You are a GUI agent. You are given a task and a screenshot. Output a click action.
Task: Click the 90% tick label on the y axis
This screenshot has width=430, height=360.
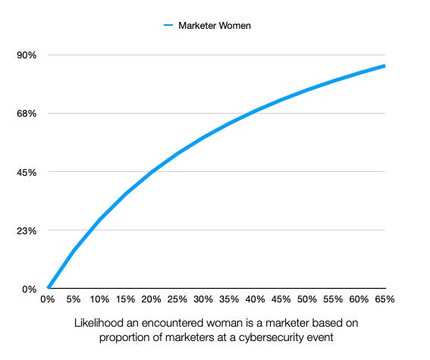click(27, 55)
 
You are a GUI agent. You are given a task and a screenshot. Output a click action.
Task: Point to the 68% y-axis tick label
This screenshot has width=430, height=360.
click(27, 114)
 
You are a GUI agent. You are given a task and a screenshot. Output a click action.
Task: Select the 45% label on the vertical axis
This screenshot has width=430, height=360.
click(27, 172)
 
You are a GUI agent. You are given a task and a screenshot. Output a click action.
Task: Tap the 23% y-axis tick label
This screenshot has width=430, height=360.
click(27, 230)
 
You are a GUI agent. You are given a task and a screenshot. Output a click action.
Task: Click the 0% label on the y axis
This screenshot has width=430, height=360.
click(30, 289)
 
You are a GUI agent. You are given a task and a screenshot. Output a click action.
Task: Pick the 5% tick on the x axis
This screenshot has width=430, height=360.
click(74, 299)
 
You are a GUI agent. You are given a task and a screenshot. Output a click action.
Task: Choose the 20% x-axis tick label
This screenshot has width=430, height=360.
click(152, 299)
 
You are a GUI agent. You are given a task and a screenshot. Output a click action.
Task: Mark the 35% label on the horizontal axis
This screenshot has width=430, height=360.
click(230, 299)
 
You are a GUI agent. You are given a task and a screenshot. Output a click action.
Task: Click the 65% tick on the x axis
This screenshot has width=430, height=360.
click(385, 299)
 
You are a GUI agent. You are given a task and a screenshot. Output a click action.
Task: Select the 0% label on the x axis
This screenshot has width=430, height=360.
click(48, 299)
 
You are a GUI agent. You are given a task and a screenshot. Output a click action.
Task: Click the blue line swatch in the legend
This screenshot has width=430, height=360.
click(168, 26)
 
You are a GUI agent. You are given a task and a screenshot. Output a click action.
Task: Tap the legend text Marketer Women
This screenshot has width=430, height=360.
click(215, 26)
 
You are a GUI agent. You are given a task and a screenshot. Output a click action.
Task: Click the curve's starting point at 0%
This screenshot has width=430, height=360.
click(48, 288)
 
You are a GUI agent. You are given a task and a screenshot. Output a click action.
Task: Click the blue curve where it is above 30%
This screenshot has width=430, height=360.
click(204, 137)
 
